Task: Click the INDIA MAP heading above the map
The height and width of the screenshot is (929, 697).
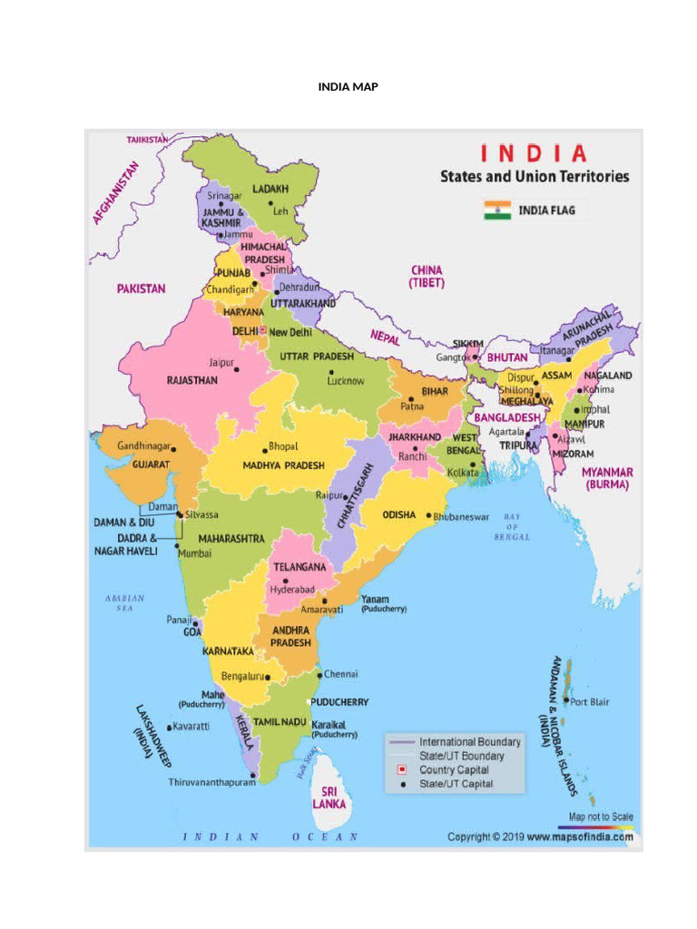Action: (x=348, y=86)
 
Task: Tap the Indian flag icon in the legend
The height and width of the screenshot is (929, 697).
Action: (x=497, y=210)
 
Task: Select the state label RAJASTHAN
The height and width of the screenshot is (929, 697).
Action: (x=192, y=381)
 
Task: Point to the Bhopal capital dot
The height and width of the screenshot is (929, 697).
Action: (x=264, y=448)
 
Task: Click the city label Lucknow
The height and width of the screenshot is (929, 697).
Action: (x=346, y=381)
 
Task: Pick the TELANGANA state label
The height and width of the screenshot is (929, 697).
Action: (x=300, y=566)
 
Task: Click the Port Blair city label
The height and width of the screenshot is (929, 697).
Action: (x=590, y=701)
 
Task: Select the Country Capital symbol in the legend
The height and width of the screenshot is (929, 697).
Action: (x=402, y=769)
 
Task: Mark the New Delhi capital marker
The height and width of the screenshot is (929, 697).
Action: (x=263, y=332)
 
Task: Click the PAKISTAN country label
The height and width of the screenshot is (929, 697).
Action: (x=141, y=288)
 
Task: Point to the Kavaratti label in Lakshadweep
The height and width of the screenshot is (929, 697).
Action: (x=191, y=727)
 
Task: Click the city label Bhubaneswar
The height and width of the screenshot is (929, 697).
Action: (x=466, y=515)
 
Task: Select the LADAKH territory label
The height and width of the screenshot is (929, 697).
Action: (x=270, y=189)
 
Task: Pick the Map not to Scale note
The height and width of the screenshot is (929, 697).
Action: (x=601, y=817)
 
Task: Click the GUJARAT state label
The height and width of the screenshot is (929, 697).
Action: (x=151, y=464)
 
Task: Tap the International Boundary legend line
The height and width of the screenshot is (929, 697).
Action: (x=401, y=742)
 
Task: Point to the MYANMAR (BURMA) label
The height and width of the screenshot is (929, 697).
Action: (x=607, y=478)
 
